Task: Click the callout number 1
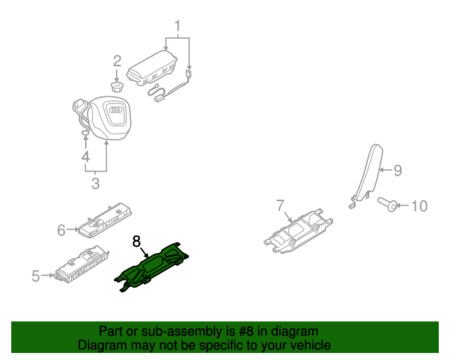pos(178,28)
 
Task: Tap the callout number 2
pos(117,61)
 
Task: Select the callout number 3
pos(96,184)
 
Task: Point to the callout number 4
pos(84,156)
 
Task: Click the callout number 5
pos(36,276)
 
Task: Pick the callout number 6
pos(61,229)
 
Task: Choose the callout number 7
pos(280,205)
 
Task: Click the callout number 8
pos(136,241)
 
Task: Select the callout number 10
pos(418,206)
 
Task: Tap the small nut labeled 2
pos(117,87)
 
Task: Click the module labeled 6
pos(102,221)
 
